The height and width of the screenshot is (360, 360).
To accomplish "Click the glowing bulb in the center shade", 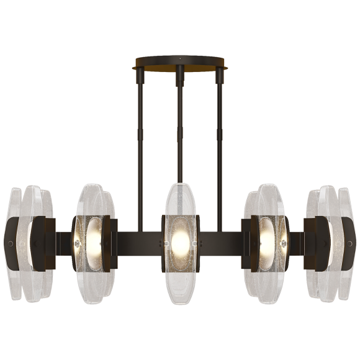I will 180,239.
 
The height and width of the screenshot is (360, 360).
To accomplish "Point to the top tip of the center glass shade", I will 180,185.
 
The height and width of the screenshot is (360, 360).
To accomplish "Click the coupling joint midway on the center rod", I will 180,148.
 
